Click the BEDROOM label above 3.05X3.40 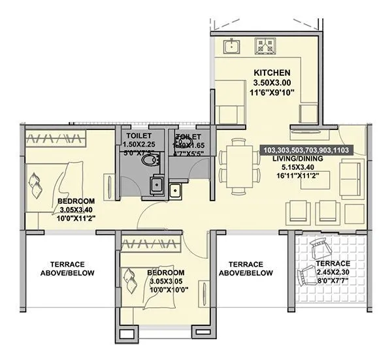point(76,201)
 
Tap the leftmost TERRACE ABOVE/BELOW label point(67,268)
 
